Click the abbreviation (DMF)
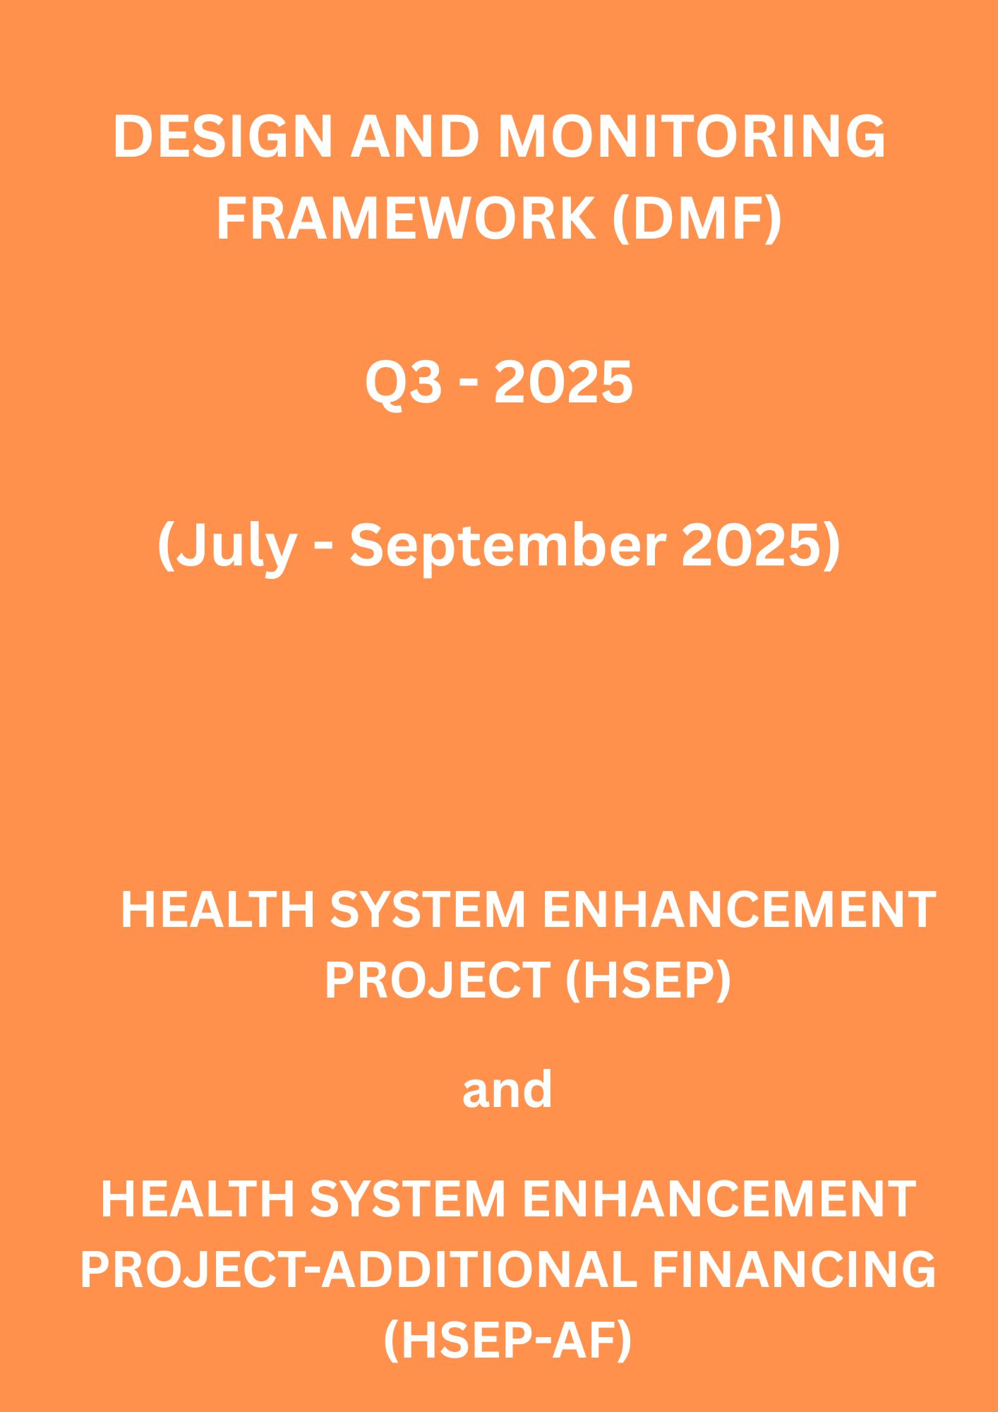pyautogui.click(x=697, y=220)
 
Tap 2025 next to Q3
pyautogui.click(x=563, y=383)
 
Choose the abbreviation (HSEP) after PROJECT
pyautogui.click(x=648, y=981)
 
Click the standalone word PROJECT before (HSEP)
pyautogui.click(x=437, y=980)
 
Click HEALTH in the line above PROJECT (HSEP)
pyautogui.click(x=217, y=909)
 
